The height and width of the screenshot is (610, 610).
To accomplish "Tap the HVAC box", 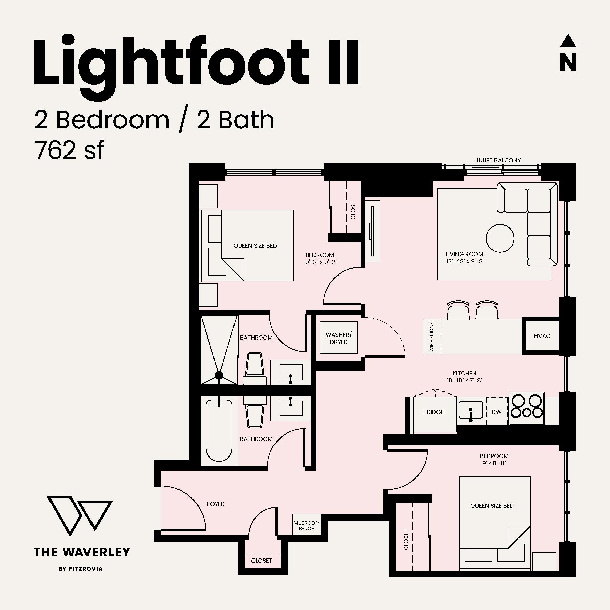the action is click(542, 336).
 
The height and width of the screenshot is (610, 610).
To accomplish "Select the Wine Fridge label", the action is click(432, 337).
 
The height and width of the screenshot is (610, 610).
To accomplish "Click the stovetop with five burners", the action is click(527, 408).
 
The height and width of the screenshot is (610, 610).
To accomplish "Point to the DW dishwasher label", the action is click(496, 412).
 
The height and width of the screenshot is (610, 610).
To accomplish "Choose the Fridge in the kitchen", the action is click(434, 414).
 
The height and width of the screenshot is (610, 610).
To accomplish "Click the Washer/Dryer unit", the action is click(339, 338).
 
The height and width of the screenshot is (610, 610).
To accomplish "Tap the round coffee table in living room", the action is click(500, 238).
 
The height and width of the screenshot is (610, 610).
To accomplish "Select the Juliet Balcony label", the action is click(498, 160).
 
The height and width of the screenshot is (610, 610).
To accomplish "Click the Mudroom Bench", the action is click(306, 526).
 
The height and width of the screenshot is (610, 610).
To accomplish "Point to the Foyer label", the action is click(216, 504).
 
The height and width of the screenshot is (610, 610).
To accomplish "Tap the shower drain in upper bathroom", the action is click(219, 375).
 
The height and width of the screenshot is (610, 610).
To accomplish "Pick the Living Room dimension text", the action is click(465, 261).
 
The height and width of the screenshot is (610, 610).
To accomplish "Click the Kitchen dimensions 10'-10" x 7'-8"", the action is click(464, 380).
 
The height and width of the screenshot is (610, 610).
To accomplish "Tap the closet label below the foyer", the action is click(262, 561).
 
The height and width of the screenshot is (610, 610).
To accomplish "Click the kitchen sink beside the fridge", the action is click(471, 410).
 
